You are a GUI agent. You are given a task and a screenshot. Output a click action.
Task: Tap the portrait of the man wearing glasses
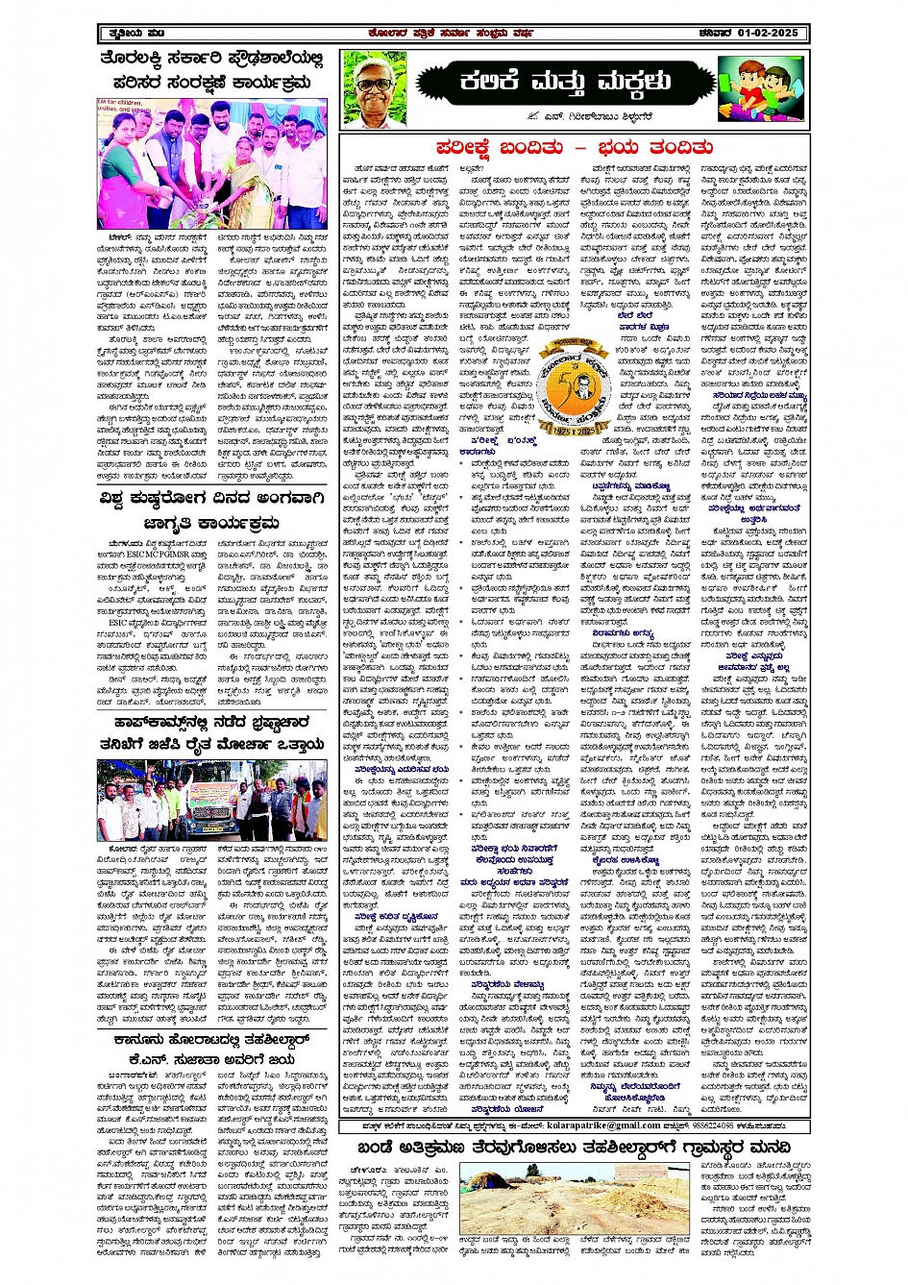click(375, 88)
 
